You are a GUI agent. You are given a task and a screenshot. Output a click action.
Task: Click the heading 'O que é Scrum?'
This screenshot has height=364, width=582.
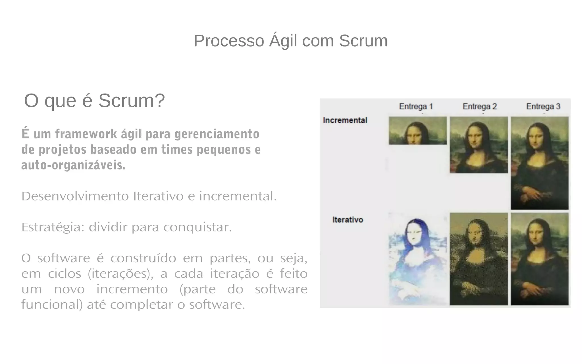(x=94, y=101)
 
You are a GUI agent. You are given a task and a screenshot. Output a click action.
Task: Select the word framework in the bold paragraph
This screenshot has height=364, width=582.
(x=86, y=134)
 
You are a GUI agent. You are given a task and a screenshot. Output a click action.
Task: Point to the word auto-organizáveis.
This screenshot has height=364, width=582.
(x=74, y=165)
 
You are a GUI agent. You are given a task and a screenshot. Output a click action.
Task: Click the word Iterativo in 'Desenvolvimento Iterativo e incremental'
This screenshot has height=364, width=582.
(x=158, y=196)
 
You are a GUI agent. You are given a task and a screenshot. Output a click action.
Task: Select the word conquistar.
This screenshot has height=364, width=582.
(x=198, y=227)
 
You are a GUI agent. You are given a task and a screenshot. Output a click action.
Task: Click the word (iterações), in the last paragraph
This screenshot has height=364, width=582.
(x=120, y=274)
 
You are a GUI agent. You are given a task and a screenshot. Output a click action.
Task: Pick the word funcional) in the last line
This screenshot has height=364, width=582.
(x=52, y=305)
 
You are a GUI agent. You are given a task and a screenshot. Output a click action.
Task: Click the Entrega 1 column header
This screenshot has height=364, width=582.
(x=416, y=106)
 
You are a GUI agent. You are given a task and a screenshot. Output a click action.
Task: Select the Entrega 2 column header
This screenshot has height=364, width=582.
(x=479, y=106)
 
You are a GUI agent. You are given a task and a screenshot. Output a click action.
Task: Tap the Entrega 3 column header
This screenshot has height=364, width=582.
(x=543, y=106)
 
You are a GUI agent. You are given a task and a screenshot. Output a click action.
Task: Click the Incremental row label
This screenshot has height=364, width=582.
(x=345, y=120)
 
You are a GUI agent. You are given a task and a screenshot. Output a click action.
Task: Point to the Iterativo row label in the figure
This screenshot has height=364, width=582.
(x=348, y=220)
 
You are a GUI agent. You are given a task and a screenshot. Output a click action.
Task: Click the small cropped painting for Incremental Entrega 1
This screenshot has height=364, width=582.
(x=417, y=131)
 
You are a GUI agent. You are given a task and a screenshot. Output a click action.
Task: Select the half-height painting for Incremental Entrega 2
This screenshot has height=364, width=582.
(x=479, y=145)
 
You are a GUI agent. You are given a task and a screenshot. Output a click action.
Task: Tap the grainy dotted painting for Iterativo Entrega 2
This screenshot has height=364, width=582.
(x=479, y=259)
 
